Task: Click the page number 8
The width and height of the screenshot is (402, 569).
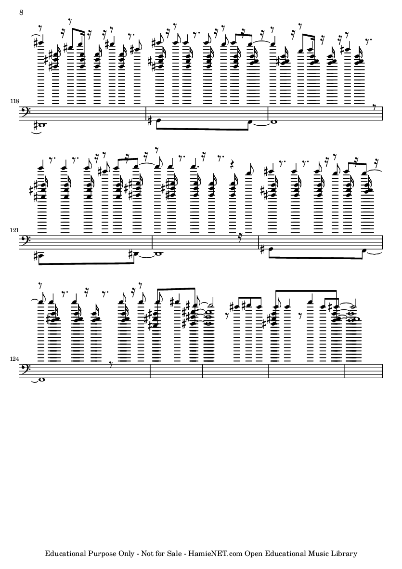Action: click(21, 13)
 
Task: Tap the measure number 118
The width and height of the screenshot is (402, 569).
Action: click(15, 101)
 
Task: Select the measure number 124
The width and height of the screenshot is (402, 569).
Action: click(15, 359)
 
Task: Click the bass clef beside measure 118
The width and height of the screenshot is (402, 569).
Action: click(25, 112)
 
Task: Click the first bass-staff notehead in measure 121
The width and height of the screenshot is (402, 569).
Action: click(41, 253)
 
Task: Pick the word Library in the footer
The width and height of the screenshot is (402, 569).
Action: click(344, 554)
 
